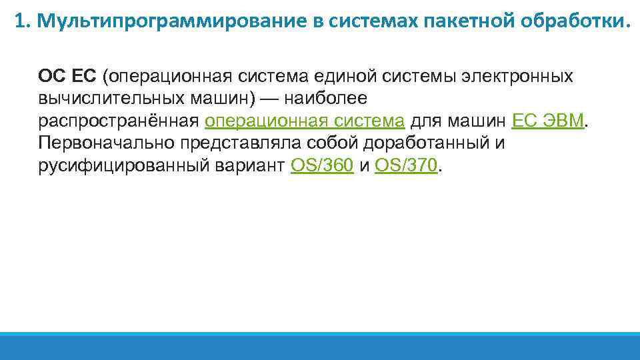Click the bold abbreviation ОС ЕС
pos(67,76)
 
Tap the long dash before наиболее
pos(270,99)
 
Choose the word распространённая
pos(119,121)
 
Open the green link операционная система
pos(305,121)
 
